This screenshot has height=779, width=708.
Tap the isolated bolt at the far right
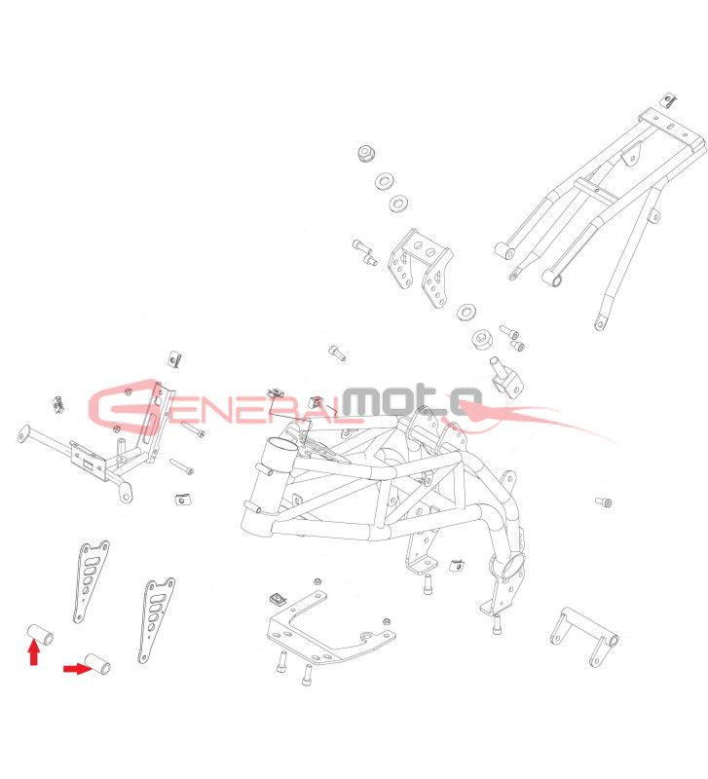(603, 502)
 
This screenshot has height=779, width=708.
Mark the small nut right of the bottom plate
(388, 620)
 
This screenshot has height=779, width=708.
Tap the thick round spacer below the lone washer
(481, 342)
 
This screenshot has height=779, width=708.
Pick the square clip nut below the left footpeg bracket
(180, 500)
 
